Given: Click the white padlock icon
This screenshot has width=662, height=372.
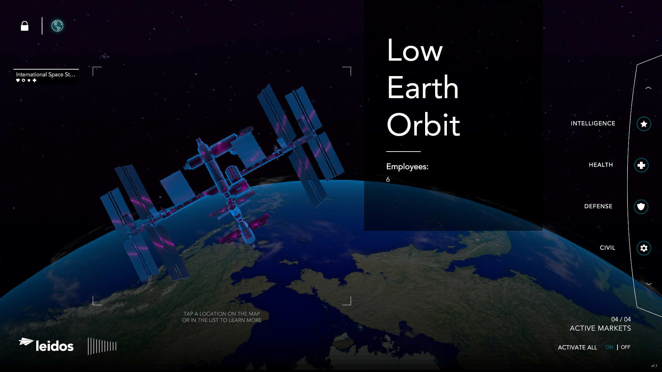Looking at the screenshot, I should tap(24, 26).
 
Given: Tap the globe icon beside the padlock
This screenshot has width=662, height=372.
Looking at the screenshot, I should tap(57, 26).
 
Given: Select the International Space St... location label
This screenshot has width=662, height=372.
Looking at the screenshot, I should tap(46, 75).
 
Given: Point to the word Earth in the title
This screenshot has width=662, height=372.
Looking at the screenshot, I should tap(423, 88).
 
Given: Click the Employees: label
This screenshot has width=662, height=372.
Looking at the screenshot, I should tap(407, 167).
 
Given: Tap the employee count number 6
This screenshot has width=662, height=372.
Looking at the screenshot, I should tap(388, 179).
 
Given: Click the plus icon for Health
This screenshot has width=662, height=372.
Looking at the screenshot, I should tap(641, 165).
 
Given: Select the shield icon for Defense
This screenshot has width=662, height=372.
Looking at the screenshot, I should tap(641, 207).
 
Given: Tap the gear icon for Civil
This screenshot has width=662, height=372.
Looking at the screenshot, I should tap(643, 248).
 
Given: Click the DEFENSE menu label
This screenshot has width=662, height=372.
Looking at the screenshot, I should tap(598, 206).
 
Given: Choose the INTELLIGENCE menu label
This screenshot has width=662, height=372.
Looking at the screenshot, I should tap(593, 123).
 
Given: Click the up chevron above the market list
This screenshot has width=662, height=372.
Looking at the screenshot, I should tap(648, 88).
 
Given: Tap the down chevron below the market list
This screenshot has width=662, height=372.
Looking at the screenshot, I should tap(649, 284).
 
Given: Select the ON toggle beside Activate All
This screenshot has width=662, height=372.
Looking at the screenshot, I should tap(609, 347).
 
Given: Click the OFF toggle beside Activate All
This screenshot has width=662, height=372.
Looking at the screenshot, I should tap(625, 347).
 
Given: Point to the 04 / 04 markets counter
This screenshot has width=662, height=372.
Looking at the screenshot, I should tap(621, 319).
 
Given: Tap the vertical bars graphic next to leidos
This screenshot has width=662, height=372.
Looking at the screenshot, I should tap(102, 346).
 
